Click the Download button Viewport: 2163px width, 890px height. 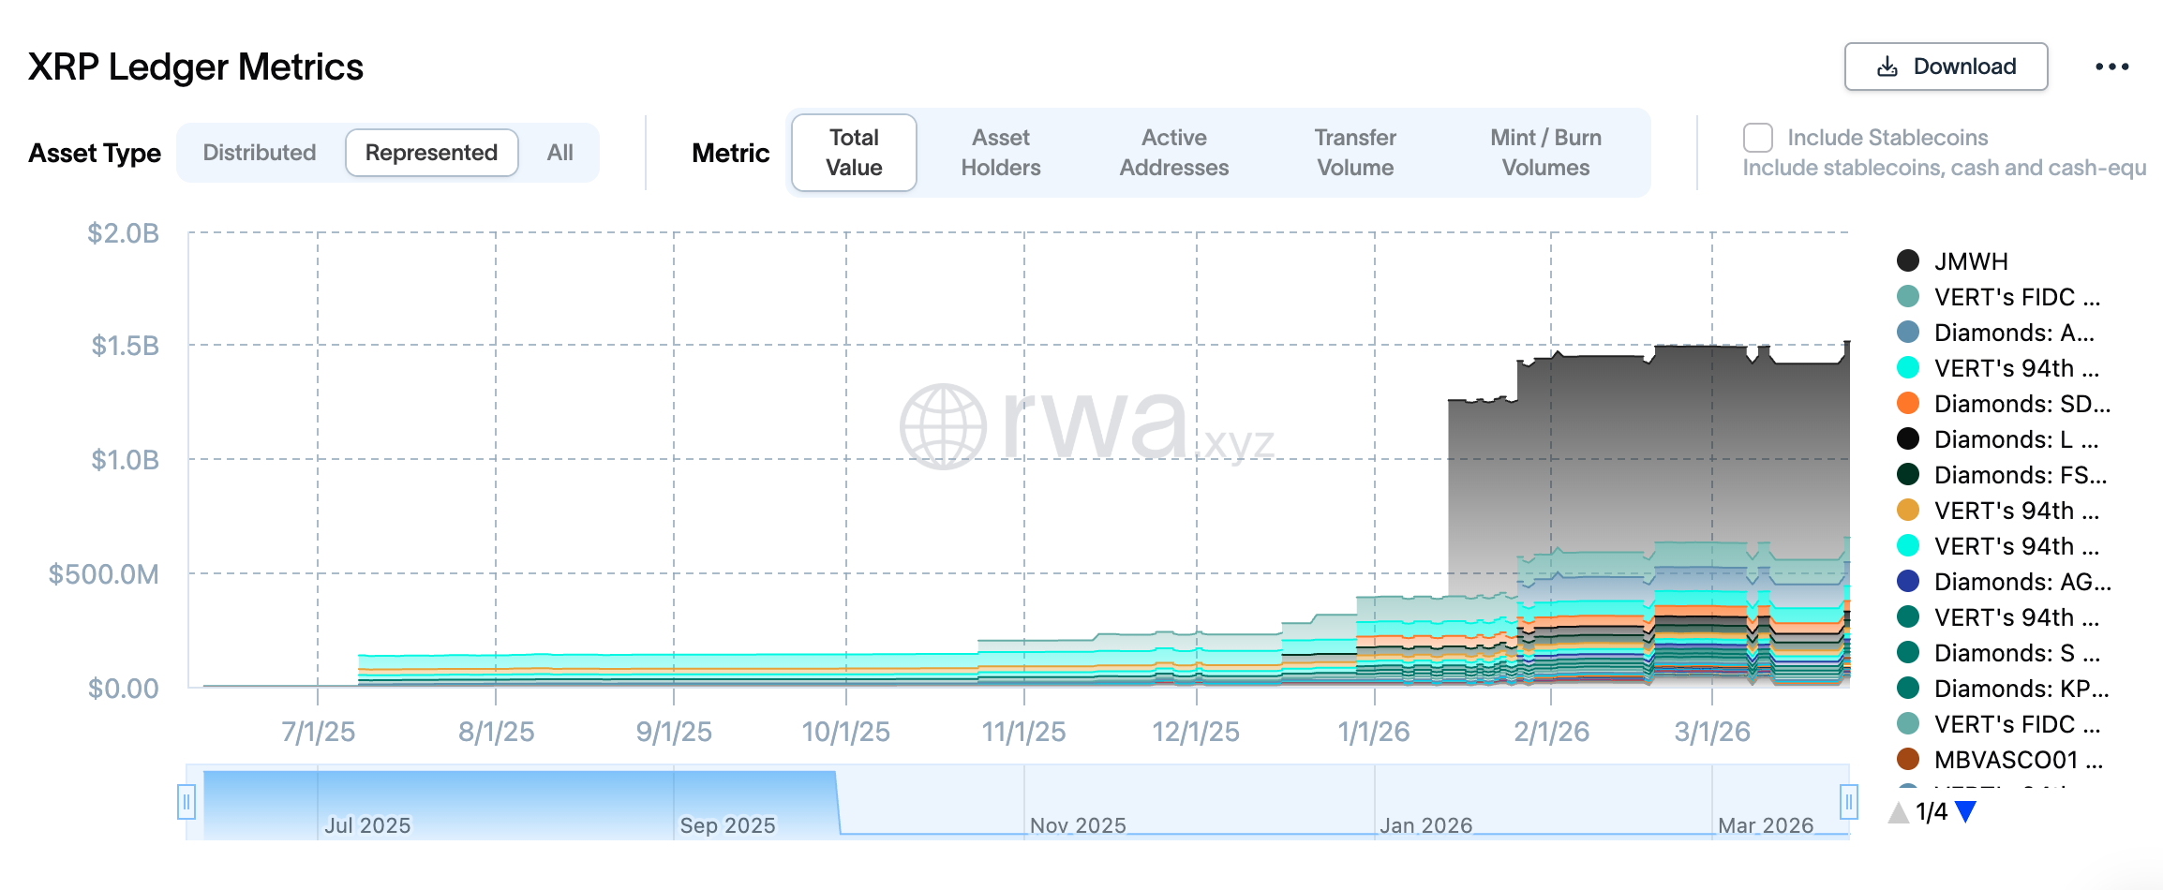click(1946, 67)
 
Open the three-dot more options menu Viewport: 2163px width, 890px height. click(2111, 67)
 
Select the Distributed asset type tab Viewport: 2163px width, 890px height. click(260, 153)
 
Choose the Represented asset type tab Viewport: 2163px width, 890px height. click(431, 153)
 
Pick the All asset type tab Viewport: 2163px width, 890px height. click(559, 153)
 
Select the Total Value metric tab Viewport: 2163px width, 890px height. click(854, 153)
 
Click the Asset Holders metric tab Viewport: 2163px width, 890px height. click(1000, 153)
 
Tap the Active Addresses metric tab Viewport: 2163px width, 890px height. click(1173, 153)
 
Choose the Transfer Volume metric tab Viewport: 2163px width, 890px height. click(1355, 153)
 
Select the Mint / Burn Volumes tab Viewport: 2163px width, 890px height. click(1545, 153)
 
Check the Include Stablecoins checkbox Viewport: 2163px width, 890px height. click(1758, 138)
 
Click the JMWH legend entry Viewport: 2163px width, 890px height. click(1970, 261)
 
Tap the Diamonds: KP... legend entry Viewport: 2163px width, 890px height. click(2021, 689)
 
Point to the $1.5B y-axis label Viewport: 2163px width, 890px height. click(125, 346)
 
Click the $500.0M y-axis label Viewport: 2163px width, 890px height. click(103, 573)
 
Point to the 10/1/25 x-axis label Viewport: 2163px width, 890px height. click(845, 732)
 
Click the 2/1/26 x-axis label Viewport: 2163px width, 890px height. click(1551, 732)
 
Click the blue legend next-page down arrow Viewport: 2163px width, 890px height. click(1966, 812)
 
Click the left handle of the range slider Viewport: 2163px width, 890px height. click(186, 802)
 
